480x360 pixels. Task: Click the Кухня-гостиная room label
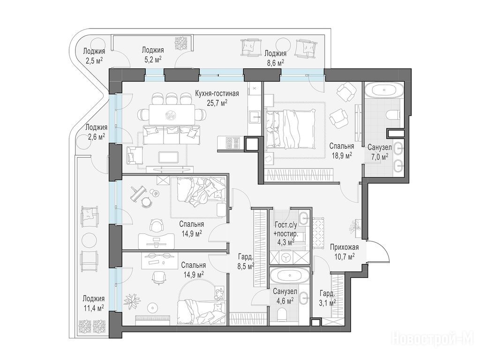click(217, 94)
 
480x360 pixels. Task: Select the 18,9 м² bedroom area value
click(342, 156)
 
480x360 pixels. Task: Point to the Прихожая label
click(345, 247)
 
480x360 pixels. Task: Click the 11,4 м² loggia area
click(93, 307)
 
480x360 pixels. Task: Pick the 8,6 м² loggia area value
click(275, 62)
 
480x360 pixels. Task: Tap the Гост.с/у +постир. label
click(285, 230)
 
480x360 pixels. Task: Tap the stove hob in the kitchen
click(233, 142)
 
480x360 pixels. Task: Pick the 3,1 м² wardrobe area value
click(328, 302)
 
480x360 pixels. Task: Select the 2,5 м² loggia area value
click(94, 60)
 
